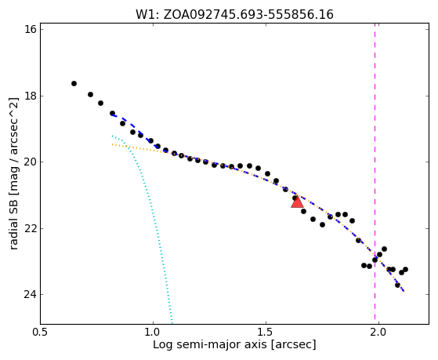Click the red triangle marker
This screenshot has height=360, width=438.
click(x=297, y=202)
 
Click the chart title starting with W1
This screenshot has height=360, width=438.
click(x=234, y=15)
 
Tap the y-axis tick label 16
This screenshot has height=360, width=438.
click(x=31, y=29)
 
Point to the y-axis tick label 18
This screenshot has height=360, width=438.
click(x=31, y=96)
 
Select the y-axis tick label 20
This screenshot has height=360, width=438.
click(x=31, y=162)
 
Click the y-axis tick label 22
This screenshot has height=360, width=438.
click(x=31, y=228)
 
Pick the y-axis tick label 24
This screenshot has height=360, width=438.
click(x=31, y=295)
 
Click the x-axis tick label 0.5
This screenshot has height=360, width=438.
click(x=41, y=332)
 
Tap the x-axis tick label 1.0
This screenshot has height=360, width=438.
click(x=153, y=332)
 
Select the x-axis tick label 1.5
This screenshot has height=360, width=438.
click(x=266, y=332)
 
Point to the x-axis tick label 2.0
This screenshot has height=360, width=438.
click(x=378, y=332)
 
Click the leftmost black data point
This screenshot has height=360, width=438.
click(x=74, y=83)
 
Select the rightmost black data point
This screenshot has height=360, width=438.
click(x=405, y=269)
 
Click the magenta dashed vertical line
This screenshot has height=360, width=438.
click(x=375, y=173)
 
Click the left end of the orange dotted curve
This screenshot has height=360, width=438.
click(x=112, y=144)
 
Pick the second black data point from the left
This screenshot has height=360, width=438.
click(x=90, y=95)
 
